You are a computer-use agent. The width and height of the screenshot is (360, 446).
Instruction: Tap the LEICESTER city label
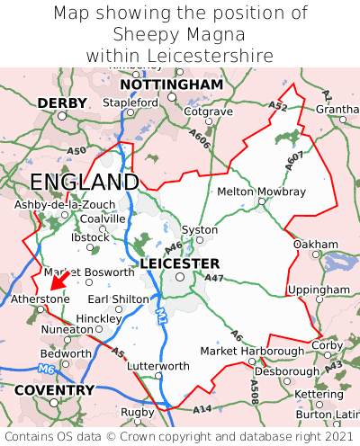click(180, 263)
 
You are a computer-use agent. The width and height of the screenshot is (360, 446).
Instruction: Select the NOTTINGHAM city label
click(171, 85)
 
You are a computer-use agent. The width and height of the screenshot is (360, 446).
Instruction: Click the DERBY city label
click(62, 103)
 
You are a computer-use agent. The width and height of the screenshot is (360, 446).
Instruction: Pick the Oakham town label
click(315, 244)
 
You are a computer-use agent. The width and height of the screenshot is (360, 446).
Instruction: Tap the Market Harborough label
click(252, 351)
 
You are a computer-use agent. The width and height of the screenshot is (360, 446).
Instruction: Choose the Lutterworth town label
click(158, 366)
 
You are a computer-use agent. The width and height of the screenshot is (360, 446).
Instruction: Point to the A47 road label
click(214, 280)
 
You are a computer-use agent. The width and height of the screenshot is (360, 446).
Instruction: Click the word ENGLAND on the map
click(85, 183)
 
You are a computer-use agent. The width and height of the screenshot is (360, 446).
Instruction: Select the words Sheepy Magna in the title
click(180, 34)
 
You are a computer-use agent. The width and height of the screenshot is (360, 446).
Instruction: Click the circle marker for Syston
click(200, 240)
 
